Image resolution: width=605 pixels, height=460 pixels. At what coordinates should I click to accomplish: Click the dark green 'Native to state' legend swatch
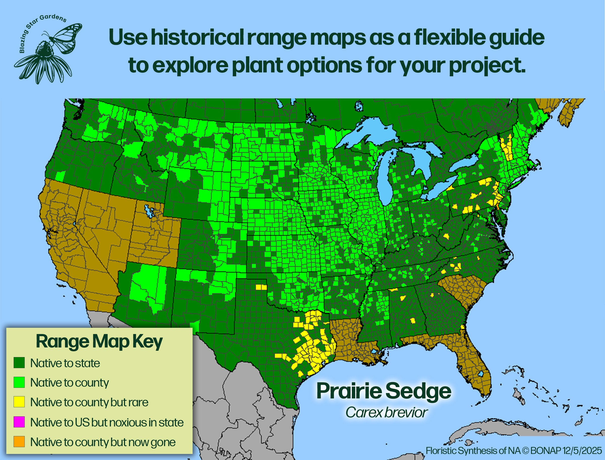click(x=19, y=363)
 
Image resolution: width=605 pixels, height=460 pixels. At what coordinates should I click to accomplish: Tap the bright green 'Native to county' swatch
click(x=19, y=382)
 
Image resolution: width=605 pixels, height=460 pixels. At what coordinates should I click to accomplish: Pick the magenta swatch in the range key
click(x=19, y=422)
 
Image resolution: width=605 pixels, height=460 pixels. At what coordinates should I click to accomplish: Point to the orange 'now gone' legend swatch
click(x=19, y=442)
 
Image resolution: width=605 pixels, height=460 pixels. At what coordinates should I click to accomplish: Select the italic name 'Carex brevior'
click(x=386, y=412)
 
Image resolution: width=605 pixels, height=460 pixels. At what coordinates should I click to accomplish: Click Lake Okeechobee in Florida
click(x=480, y=374)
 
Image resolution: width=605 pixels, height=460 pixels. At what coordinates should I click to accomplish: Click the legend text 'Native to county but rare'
click(x=89, y=402)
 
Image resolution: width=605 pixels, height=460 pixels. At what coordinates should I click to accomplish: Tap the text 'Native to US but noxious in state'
click(x=107, y=422)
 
